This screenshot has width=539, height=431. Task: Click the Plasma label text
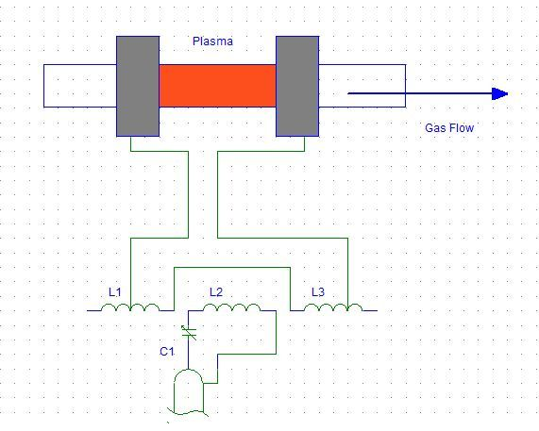212,41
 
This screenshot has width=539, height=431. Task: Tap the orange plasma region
218,86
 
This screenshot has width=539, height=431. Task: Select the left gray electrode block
138,86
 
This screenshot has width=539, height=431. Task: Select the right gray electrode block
297,86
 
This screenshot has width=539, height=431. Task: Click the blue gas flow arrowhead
499,93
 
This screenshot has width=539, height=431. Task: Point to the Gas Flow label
449,128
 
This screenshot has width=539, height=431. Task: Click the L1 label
115,292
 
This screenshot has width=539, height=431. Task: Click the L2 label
216,292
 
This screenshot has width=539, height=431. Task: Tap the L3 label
317,292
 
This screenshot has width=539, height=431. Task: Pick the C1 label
167,352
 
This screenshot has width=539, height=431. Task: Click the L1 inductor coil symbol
130,307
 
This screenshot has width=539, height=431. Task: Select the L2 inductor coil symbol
231,307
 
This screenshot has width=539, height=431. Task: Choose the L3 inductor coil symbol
333,307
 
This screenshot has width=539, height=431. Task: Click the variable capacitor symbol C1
189,332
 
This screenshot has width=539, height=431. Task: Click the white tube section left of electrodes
80,86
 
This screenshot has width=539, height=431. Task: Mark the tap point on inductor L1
130,309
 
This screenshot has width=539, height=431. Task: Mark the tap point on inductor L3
348,309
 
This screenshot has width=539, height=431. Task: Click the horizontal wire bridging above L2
232,267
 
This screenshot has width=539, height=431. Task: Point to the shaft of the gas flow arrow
420,93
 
